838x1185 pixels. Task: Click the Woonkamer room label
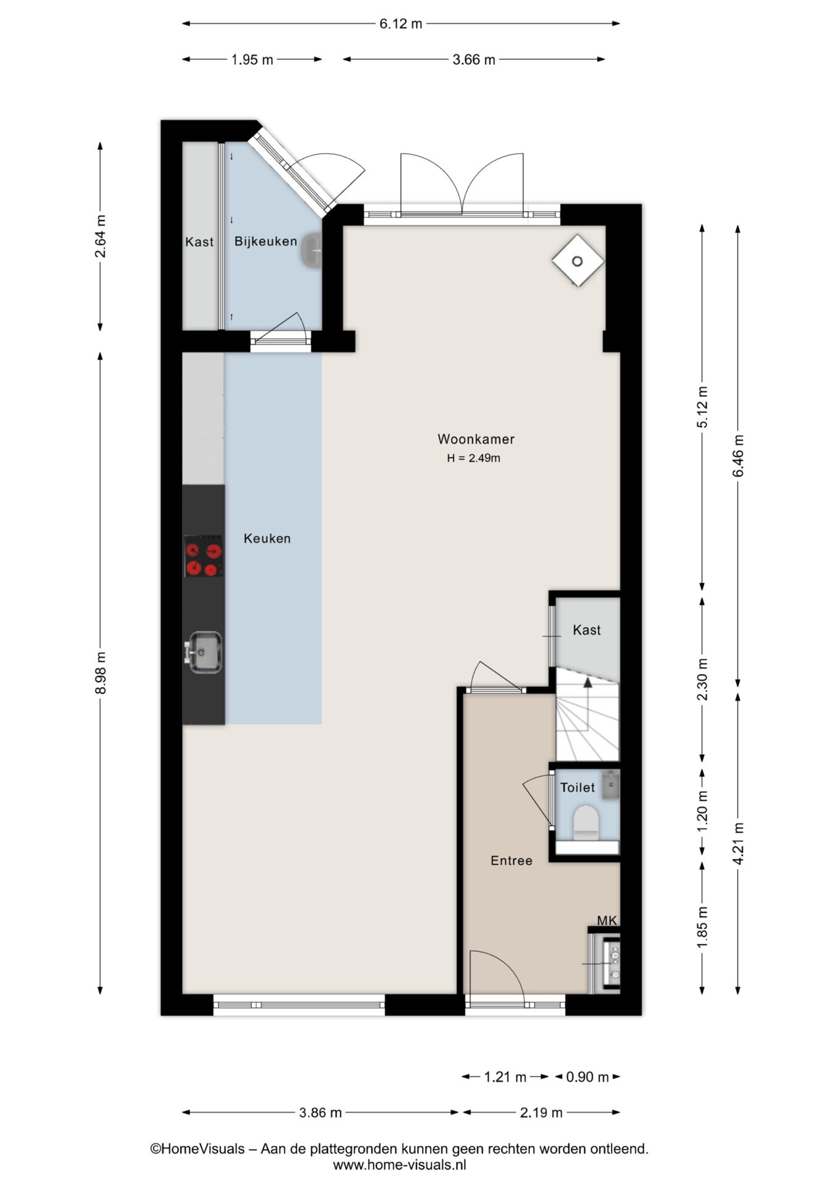[x=476, y=439]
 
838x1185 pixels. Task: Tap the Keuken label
[x=267, y=539]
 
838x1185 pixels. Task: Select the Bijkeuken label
[x=265, y=242]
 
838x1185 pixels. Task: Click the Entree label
[x=511, y=861]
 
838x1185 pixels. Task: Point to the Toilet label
[x=578, y=788]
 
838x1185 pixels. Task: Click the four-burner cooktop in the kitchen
[x=204, y=556]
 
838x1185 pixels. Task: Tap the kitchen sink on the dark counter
[x=204, y=652]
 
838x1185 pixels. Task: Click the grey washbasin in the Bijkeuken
[x=312, y=251]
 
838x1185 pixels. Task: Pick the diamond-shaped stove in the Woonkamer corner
[x=578, y=261]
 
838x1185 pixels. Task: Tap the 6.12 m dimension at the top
[x=401, y=24]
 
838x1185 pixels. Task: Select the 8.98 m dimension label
[x=101, y=673]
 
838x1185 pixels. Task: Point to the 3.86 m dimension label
[x=320, y=1113]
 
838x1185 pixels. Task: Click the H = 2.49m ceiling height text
[x=474, y=459]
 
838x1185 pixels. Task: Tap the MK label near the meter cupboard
[x=607, y=921]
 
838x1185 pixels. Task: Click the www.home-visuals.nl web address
[x=399, y=1165]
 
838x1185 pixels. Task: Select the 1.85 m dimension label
[x=702, y=928]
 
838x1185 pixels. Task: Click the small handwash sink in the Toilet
[x=610, y=784]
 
